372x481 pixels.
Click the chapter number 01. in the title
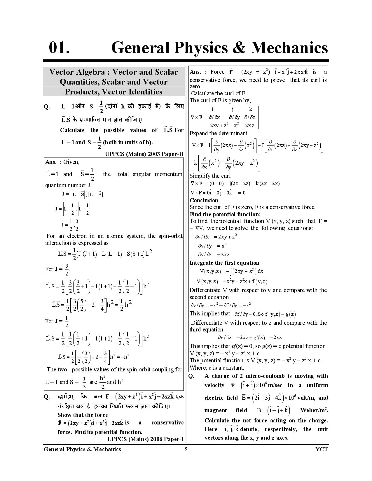(x=59, y=48)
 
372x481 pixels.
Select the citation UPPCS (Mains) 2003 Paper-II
(x=144, y=154)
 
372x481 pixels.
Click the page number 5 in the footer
(x=186, y=449)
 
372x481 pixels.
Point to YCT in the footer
(x=322, y=449)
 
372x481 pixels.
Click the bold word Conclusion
(x=204, y=200)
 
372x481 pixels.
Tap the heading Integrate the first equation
(x=224, y=263)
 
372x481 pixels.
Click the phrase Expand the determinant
(x=218, y=133)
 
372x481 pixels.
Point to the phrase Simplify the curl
(x=210, y=176)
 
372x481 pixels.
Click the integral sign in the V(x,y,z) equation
(x=231, y=271)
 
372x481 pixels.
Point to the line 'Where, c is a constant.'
(x=217, y=368)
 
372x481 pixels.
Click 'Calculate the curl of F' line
(x=218, y=93)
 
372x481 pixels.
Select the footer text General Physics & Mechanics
(x=82, y=449)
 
